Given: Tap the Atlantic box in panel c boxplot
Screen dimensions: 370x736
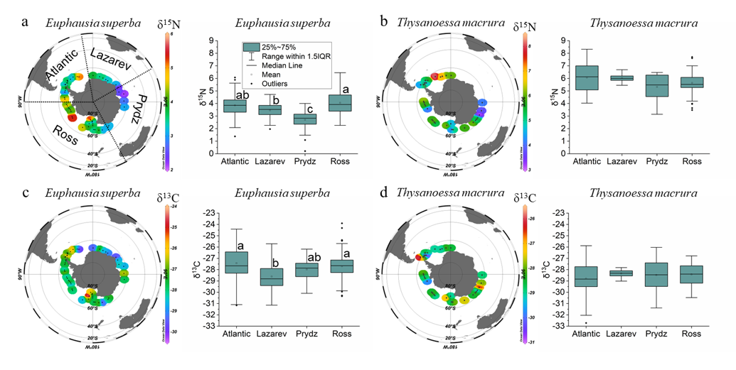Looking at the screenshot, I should point(235,272).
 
